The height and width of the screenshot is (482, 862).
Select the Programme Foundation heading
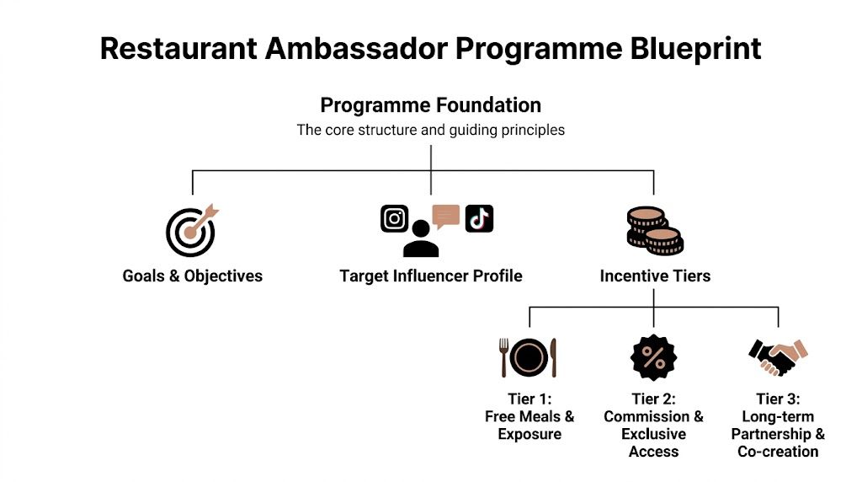coord(430,105)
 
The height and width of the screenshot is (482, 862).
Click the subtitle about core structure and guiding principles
coord(430,131)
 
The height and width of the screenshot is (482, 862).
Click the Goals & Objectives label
coord(192,276)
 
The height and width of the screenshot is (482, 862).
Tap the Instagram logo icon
coord(394,218)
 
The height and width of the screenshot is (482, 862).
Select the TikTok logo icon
coord(479,218)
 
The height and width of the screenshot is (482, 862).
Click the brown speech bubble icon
coord(446,216)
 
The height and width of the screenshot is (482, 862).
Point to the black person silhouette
coord(421,239)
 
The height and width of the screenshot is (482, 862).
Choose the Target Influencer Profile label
coord(430,276)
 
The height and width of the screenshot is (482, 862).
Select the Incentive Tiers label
coord(655,276)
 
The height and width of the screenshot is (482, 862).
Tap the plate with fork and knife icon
coord(529,357)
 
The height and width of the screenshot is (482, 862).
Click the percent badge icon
coord(653,357)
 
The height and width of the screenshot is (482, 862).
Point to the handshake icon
coord(777,357)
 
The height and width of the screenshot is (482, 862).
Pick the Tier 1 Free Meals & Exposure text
coord(529,416)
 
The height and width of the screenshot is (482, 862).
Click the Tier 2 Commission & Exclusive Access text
coord(653,425)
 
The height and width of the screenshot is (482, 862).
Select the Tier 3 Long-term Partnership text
coord(778,425)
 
